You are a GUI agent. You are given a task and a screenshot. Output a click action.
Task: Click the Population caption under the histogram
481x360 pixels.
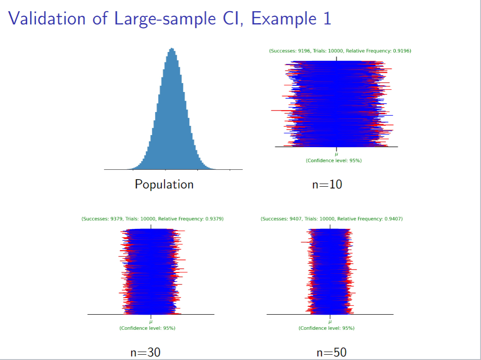point(164,184)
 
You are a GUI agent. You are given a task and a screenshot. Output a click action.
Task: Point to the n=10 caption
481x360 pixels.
point(327,184)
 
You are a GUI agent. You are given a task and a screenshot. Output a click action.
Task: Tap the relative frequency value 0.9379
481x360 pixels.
point(214,219)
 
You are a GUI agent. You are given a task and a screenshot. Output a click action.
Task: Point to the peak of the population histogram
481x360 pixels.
point(172,48)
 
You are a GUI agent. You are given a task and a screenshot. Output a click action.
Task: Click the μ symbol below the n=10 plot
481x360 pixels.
point(336,154)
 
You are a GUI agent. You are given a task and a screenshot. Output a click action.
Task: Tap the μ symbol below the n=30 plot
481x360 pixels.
point(151,322)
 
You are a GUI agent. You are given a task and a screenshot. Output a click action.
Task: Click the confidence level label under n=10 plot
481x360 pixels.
point(334,160)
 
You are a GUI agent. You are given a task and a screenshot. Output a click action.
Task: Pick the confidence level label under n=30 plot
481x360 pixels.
point(147,328)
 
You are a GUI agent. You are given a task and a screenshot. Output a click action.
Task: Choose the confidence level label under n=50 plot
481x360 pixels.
point(326,328)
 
